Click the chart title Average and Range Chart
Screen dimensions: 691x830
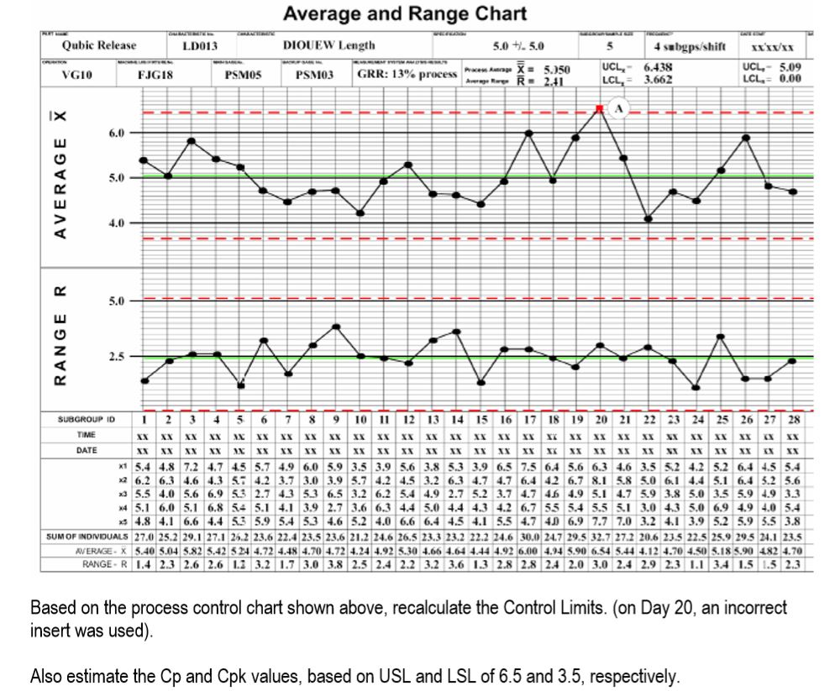tap(405, 14)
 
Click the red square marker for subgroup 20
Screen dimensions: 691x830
tap(599, 108)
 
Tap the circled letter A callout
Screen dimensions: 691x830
tap(619, 108)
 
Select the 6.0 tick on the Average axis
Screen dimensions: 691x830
tap(117, 133)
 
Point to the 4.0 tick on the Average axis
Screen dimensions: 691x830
tap(117, 223)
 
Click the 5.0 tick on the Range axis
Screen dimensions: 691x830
tap(117, 300)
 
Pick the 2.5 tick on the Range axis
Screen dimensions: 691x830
tap(117, 357)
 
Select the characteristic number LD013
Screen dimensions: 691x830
tap(201, 45)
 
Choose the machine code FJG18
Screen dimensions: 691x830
tap(155, 75)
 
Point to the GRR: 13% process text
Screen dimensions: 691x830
tap(407, 75)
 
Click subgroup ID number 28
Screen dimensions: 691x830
tap(792, 419)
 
